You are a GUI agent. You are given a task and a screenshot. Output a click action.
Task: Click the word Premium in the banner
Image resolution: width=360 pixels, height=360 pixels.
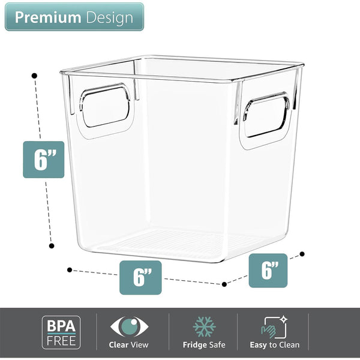click(47, 17)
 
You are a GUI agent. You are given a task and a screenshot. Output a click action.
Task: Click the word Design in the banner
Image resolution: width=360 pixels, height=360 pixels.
click(109, 17)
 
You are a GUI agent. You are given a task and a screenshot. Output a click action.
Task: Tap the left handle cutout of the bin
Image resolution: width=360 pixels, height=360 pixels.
click(106, 106)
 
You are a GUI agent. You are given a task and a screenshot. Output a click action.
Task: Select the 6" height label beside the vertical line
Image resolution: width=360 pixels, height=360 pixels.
click(43, 159)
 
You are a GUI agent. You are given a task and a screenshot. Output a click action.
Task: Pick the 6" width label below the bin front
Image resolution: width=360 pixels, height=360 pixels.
click(140, 277)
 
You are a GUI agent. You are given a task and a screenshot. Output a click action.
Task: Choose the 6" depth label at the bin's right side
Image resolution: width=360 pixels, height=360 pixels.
click(268, 271)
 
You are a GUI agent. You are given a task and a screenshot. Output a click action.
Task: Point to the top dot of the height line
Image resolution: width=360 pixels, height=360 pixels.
click(34, 76)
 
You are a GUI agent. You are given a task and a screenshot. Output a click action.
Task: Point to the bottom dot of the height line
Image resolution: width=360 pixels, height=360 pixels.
click(52, 245)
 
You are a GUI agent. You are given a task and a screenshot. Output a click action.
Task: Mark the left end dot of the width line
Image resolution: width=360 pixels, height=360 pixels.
click(70, 270)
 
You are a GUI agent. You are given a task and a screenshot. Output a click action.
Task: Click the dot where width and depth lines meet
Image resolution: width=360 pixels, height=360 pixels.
click(224, 284)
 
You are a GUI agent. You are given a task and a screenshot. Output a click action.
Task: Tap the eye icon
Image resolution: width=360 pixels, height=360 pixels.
click(128, 327)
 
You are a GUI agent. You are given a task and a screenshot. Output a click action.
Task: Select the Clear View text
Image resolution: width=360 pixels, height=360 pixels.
click(128, 345)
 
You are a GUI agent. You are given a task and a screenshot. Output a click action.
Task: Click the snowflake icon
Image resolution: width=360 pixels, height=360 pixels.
click(204, 327)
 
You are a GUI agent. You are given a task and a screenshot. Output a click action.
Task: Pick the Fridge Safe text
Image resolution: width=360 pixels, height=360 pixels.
click(204, 345)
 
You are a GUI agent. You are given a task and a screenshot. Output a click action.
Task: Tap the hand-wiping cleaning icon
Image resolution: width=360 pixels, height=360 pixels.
click(274, 327)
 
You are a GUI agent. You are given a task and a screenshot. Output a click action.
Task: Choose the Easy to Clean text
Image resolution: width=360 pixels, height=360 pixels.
click(274, 345)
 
